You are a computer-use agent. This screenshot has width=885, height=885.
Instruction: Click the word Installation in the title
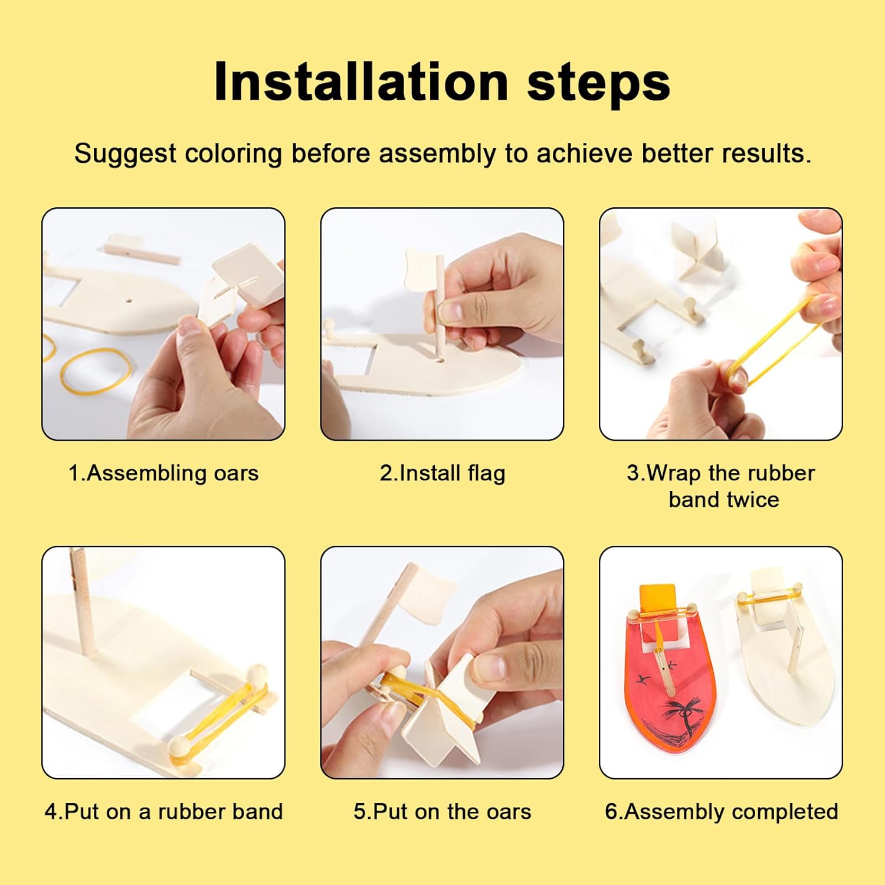tap(361, 81)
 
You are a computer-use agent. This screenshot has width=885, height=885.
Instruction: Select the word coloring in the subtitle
tap(233, 155)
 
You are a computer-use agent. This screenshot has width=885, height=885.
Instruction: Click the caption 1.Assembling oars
tap(163, 474)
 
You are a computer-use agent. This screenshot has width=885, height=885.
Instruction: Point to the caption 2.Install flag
tap(442, 474)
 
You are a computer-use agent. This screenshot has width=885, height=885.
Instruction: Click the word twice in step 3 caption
tap(752, 500)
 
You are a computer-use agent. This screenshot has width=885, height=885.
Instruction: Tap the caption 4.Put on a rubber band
tap(163, 812)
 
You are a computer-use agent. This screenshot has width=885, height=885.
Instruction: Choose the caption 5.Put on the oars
tap(442, 812)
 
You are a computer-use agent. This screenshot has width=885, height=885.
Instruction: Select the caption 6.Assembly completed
tap(722, 812)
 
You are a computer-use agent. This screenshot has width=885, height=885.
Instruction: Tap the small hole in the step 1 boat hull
tap(129, 300)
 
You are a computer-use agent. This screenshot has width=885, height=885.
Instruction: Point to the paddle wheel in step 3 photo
tap(696, 251)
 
